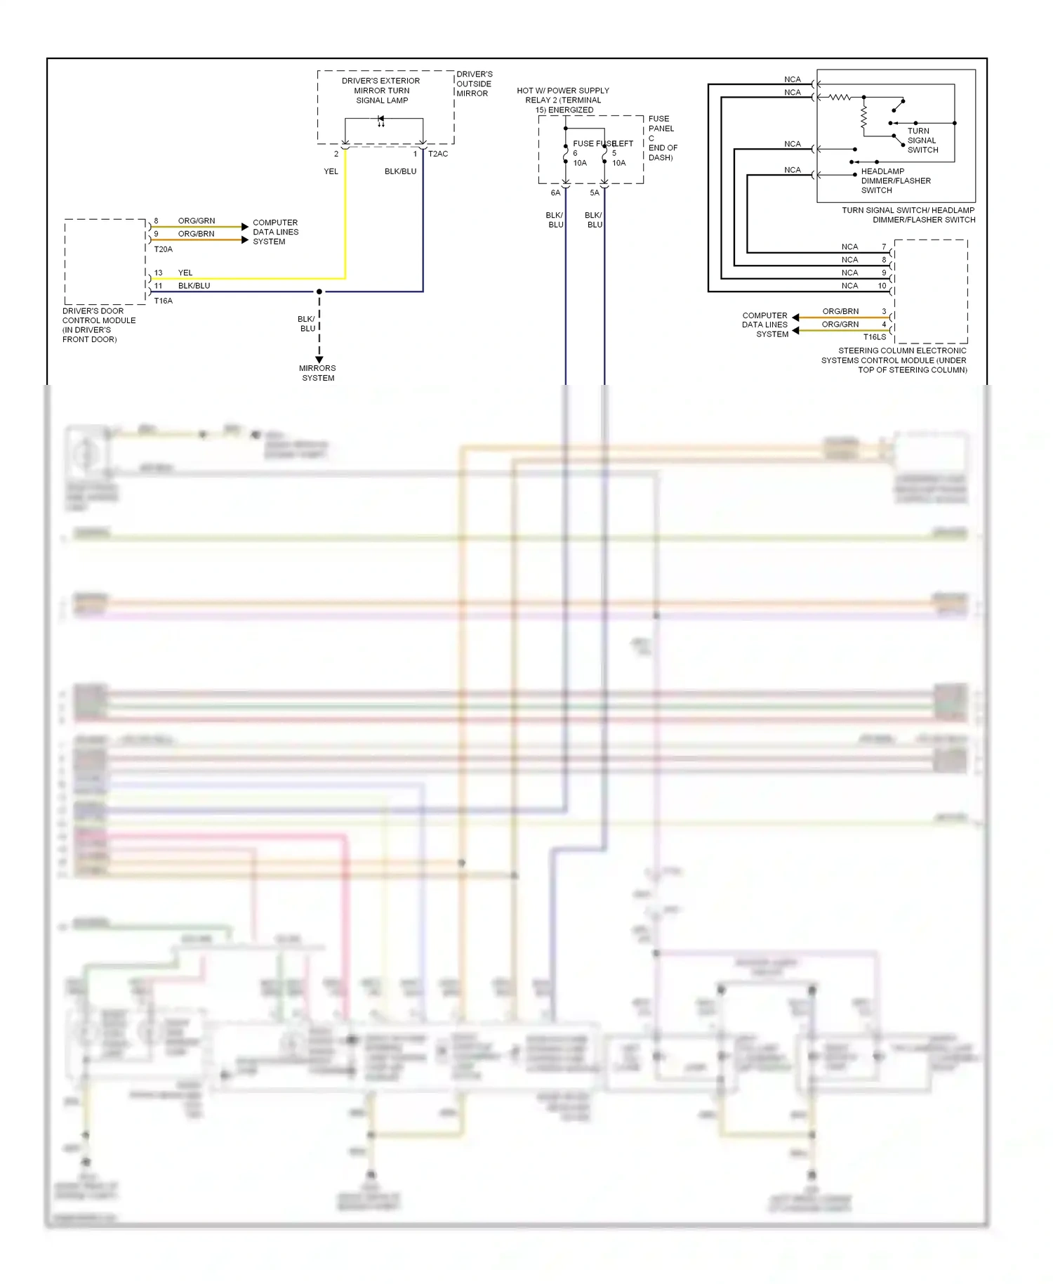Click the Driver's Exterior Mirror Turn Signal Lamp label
pyautogui.click(x=381, y=91)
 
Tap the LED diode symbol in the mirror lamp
pyautogui.click(x=380, y=120)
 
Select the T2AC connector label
pyautogui.click(x=438, y=154)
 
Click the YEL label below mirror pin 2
pyautogui.click(x=331, y=171)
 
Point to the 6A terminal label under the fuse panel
pyautogui.click(x=555, y=192)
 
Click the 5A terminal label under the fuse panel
pyautogui.click(x=595, y=192)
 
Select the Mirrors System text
pyautogui.click(x=318, y=373)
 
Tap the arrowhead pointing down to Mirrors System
pyautogui.click(x=319, y=359)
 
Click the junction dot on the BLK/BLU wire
pyautogui.click(x=319, y=291)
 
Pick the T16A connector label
pyautogui.click(x=163, y=301)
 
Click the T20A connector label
pyautogui.click(x=163, y=249)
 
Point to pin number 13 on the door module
pyautogui.click(x=158, y=273)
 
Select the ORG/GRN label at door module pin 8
pyautogui.click(x=197, y=221)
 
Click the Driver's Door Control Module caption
pyautogui.click(x=98, y=325)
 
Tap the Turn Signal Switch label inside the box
pyautogui.click(x=922, y=140)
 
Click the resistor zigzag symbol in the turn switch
pyautogui.click(x=840, y=97)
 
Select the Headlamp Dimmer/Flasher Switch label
pyautogui.click(x=895, y=181)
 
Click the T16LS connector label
pyautogui.click(x=875, y=337)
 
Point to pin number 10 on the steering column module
pyautogui.click(x=882, y=286)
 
